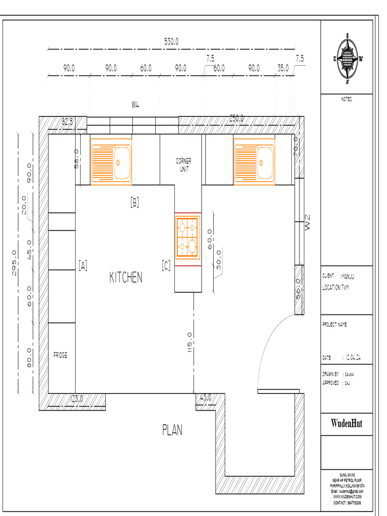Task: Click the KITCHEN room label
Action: (126, 277)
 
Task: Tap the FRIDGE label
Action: (60, 355)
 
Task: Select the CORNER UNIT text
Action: (183, 165)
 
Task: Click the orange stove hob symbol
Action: (187, 236)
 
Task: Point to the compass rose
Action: (347, 58)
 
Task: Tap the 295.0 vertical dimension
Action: (14, 263)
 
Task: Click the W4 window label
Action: (135, 105)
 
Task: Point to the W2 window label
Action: (308, 223)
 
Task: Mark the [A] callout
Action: (83, 266)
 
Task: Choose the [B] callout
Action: (135, 203)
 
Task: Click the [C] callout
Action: (166, 266)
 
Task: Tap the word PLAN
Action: (172, 430)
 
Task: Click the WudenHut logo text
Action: (347, 423)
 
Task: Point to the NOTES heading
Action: (347, 99)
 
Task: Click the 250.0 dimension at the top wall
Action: (237, 118)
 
